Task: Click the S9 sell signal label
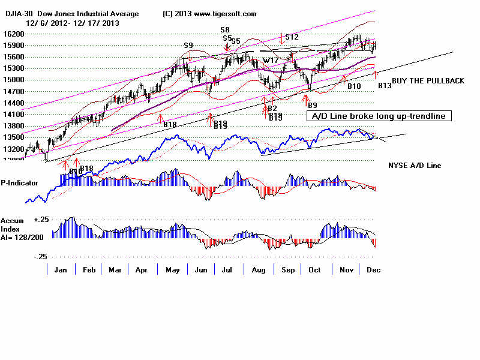click(x=188, y=45)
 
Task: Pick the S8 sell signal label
click(x=225, y=29)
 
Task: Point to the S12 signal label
click(x=292, y=37)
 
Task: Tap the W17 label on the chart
click(x=269, y=60)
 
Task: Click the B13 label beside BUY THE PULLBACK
click(x=384, y=86)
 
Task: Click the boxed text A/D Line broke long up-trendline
click(x=378, y=116)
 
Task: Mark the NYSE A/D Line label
click(x=414, y=164)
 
